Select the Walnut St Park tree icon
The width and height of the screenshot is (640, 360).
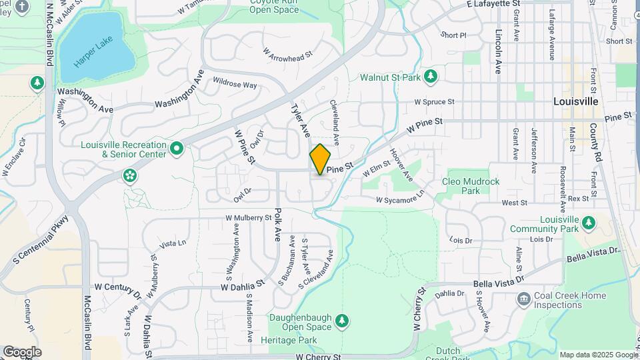431,77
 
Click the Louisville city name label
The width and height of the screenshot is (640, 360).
576,101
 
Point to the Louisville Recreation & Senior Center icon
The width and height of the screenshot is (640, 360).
177,148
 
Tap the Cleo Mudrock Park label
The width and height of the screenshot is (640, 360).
461,186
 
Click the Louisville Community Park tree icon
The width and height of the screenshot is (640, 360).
588,222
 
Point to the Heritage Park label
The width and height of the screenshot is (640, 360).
298,340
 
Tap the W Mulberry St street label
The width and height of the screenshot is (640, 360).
249,217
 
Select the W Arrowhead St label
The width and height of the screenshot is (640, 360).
287,52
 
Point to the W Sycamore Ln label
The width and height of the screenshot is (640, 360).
399,199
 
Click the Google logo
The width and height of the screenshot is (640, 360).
22,351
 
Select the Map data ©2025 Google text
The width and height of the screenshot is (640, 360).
598,355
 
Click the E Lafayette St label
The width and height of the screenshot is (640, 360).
493,4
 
